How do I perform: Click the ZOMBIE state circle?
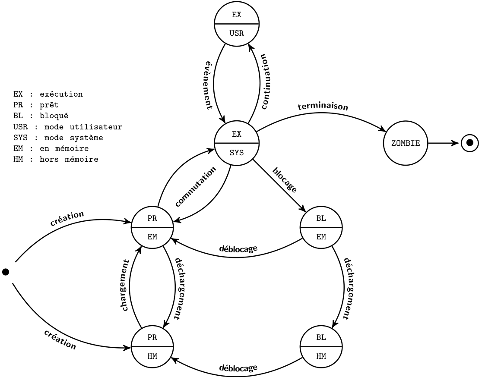[405, 143]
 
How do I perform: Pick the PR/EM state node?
[152, 227]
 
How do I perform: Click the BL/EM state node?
[321, 227]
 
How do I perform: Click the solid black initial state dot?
[6, 272]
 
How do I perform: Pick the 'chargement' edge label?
[126, 286]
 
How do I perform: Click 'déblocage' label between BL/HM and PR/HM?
[238, 368]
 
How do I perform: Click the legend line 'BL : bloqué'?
[41, 115]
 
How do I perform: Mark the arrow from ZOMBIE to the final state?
[443, 143]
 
